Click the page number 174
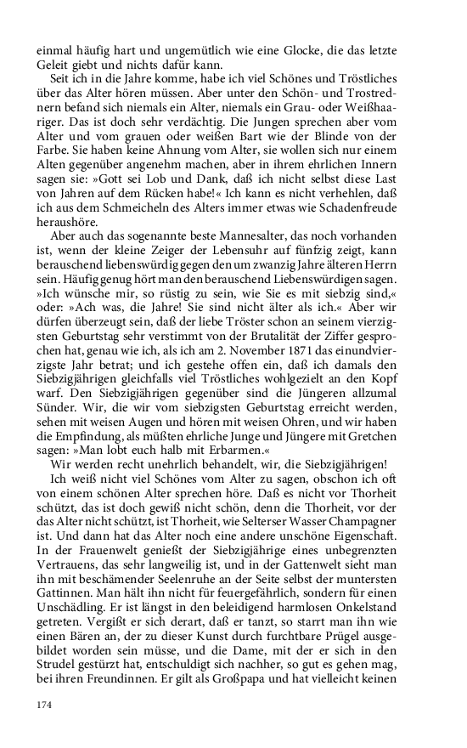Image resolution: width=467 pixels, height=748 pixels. click(43, 705)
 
